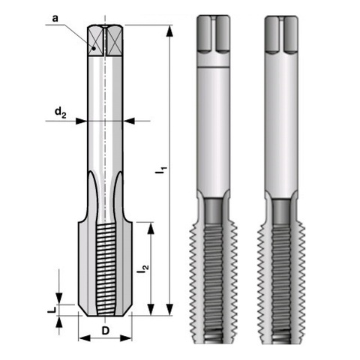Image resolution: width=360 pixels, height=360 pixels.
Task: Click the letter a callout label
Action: (55, 19)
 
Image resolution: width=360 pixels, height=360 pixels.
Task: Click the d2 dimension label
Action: (60, 112)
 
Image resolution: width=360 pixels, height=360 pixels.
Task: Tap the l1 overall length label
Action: (160, 169)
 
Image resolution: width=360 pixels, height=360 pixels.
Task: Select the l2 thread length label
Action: (142, 268)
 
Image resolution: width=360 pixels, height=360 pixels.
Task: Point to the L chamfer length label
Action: (52, 310)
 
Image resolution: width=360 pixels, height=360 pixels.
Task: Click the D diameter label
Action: (106, 331)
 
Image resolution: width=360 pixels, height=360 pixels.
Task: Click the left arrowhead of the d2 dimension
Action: (81, 121)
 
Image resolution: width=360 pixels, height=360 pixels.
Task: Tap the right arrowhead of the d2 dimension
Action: (129, 121)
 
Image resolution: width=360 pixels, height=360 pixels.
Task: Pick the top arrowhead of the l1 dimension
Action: (169, 31)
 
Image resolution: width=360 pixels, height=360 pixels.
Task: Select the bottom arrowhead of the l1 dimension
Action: (169, 310)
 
